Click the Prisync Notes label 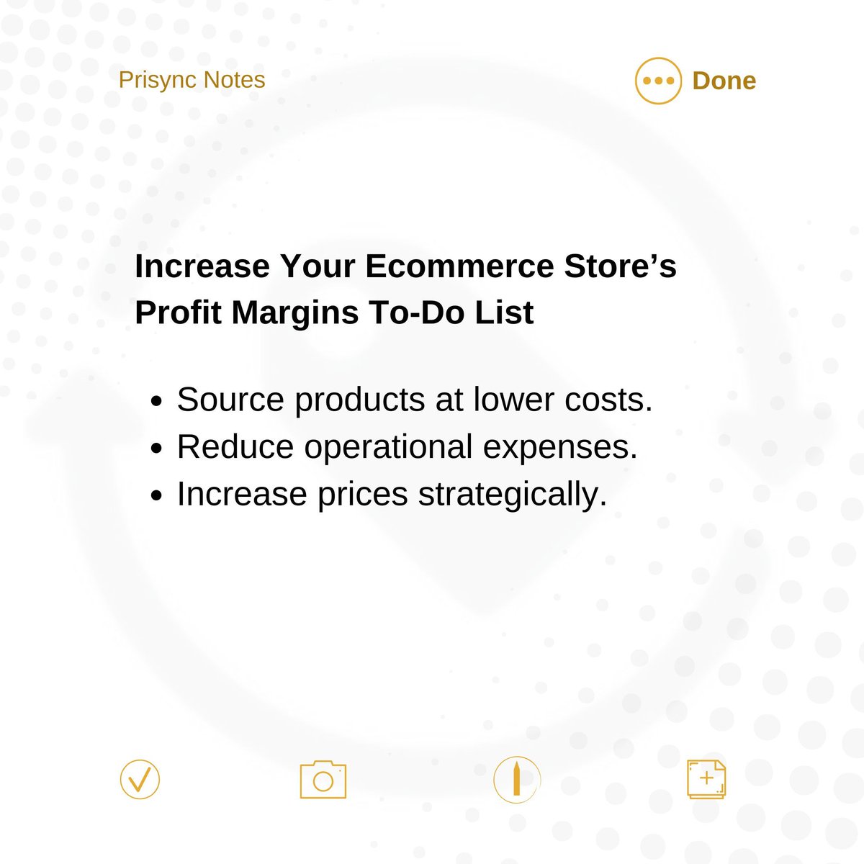coord(192,80)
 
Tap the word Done coord(724,81)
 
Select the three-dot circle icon coord(658,81)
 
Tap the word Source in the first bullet coord(230,400)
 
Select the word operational coord(388,447)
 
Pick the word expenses coord(560,447)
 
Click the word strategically coord(513,495)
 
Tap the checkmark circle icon coord(140,779)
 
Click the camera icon coord(323,780)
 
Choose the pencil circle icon coord(517,780)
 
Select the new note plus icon coord(706,779)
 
